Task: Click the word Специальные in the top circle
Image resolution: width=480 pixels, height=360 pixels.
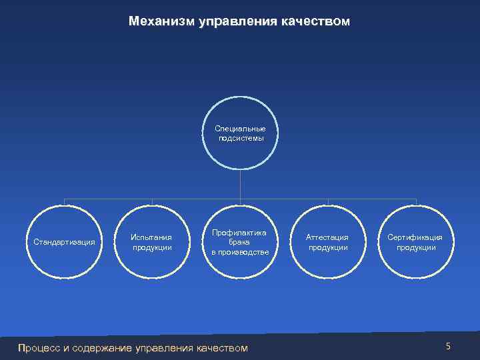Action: click(x=240, y=128)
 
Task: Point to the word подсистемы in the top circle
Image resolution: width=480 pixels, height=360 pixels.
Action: click(x=240, y=138)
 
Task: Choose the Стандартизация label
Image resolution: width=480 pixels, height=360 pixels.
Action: click(x=64, y=241)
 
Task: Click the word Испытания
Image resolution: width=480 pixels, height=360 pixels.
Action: click(x=151, y=237)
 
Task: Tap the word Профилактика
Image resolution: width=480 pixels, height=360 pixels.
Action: click(x=239, y=232)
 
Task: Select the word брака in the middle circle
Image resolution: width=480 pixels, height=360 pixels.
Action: click(x=239, y=242)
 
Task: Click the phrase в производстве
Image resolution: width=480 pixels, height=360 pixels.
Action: click(x=240, y=252)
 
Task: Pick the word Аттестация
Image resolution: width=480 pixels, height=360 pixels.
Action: click(x=327, y=237)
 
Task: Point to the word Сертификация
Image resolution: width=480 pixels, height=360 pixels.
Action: click(x=415, y=237)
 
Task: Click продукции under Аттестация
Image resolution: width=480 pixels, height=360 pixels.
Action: click(x=327, y=247)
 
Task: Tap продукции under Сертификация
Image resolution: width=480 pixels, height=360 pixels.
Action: click(x=415, y=247)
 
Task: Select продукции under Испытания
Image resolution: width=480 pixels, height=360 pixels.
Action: click(x=151, y=247)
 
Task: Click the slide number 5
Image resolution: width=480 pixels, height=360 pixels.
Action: click(x=448, y=346)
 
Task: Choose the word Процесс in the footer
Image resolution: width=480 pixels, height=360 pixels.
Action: click(x=39, y=347)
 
